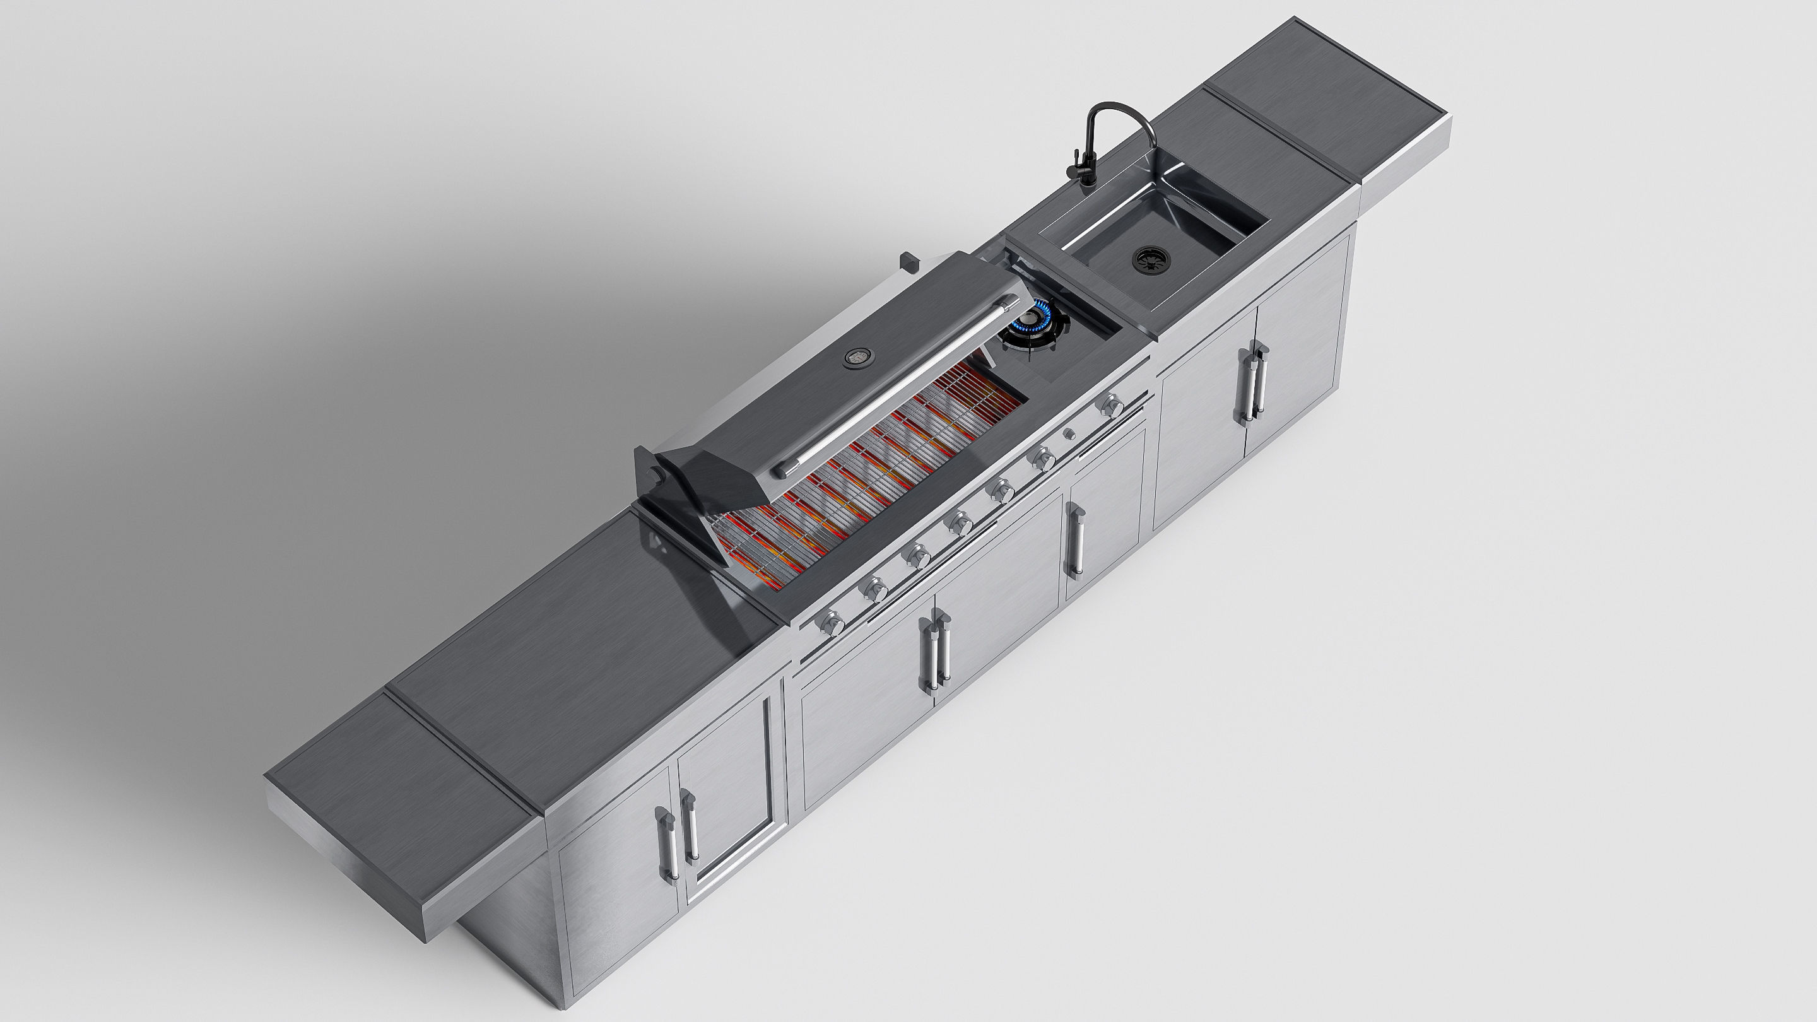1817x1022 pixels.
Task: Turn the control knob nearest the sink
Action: pyautogui.click(x=1112, y=405)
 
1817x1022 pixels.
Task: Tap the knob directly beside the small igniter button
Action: pyautogui.click(x=1042, y=460)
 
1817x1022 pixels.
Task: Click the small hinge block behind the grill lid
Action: pyautogui.click(x=908, y=262)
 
